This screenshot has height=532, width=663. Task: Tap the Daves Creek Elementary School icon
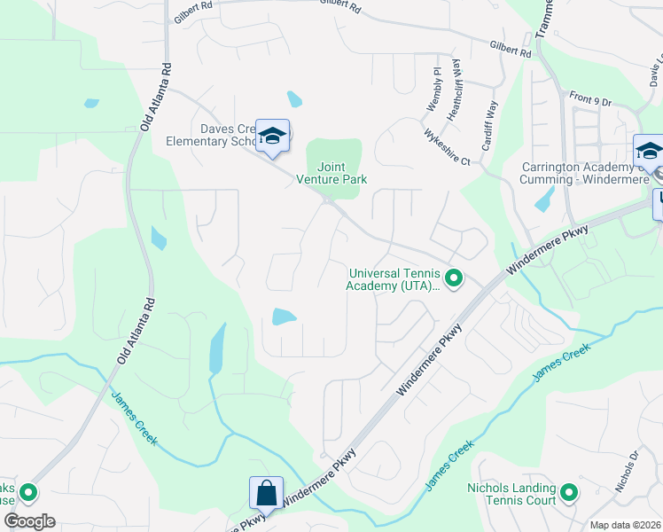coord(272,135)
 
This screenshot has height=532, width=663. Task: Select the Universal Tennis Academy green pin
coord(454,279)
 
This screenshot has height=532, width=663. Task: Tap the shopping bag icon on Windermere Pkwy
coord(266,492)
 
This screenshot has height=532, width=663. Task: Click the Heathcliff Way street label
coord(456,83)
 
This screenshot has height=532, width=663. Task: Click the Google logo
coord(28,521)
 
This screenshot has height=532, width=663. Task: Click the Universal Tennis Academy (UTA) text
coord(394,279)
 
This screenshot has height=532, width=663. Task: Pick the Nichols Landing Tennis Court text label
coord(511,494)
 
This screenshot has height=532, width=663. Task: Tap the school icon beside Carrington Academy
coord(648,150)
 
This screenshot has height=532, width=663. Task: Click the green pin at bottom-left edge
coord(28,491)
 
